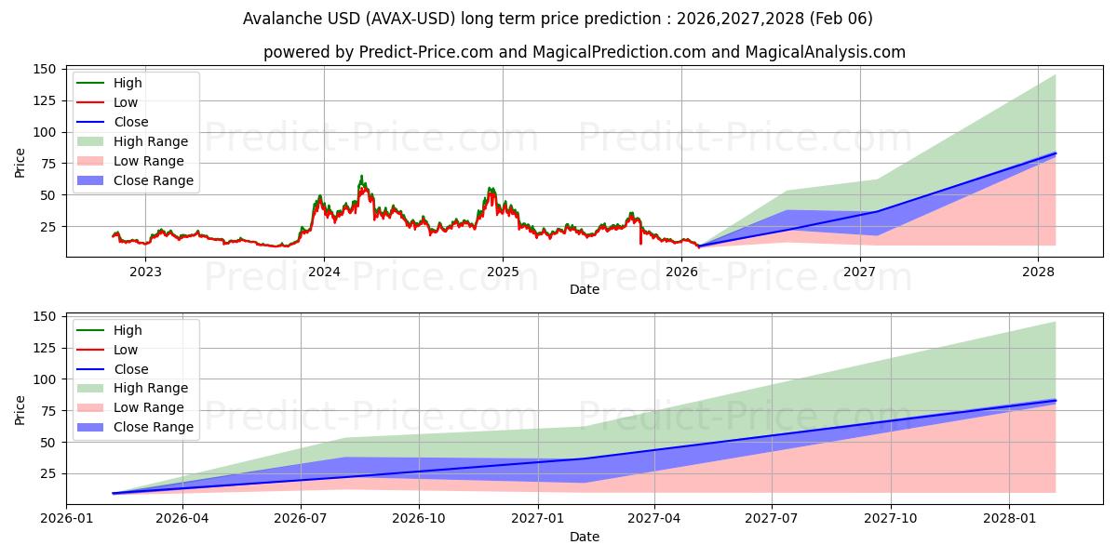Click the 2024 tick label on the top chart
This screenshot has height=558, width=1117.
324,272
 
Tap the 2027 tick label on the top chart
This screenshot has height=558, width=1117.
860,272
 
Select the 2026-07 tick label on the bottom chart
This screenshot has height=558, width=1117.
301,520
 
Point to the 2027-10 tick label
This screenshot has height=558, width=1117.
891,520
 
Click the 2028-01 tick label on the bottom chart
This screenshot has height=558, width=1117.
1010,520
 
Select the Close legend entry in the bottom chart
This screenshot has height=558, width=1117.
130,369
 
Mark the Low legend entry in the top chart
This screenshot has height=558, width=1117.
126,102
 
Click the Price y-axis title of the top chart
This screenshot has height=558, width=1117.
20,163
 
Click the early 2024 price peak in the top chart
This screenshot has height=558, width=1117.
361,175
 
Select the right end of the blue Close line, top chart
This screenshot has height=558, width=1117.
1056,153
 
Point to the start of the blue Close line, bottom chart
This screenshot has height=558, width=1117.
113,493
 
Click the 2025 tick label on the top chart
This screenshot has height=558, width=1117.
503,272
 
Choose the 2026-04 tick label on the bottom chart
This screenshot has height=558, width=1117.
182,520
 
